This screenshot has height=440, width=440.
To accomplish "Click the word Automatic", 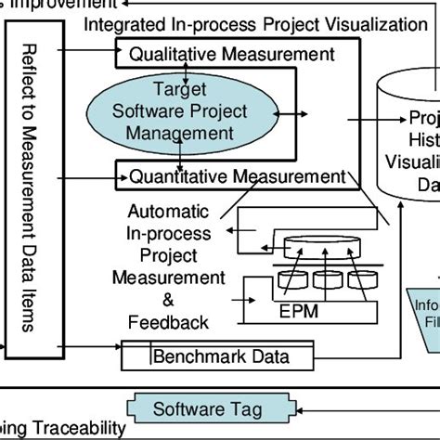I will point(168,211).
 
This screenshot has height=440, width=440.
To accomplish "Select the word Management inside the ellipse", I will point(180,134).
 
